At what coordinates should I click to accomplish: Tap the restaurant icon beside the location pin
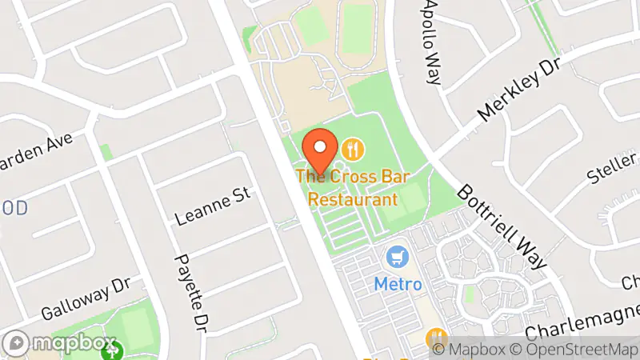353,149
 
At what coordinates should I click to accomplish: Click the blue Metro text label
398,284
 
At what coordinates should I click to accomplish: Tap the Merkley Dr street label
518,90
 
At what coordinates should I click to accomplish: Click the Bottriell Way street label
503,228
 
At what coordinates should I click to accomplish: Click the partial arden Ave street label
36,153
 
